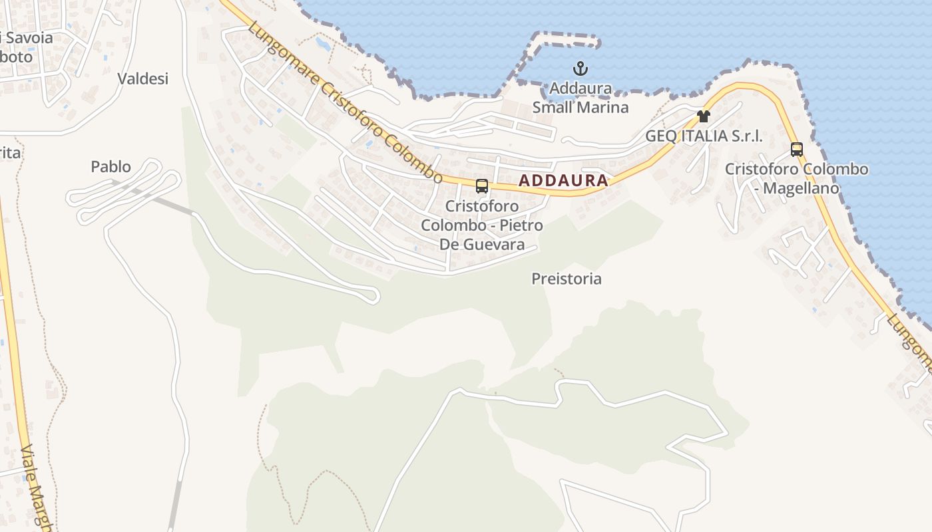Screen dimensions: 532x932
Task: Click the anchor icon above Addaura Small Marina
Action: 581,68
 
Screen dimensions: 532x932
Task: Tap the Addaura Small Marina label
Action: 581,98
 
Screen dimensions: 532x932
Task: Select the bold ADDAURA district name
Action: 563,180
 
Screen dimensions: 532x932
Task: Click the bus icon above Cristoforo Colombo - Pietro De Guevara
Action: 482,186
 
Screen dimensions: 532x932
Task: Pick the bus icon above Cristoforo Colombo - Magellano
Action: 796,150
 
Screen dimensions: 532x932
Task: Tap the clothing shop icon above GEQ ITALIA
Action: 703,116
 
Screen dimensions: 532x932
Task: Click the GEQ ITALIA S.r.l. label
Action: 704,136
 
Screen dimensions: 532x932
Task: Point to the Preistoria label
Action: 567,279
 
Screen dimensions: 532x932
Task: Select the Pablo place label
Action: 111,166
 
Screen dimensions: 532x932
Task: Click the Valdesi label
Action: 143,78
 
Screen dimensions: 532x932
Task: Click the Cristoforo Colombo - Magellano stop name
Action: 796,178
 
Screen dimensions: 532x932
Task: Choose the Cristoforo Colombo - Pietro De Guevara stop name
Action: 481,225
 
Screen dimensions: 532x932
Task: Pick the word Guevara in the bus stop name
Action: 494,244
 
